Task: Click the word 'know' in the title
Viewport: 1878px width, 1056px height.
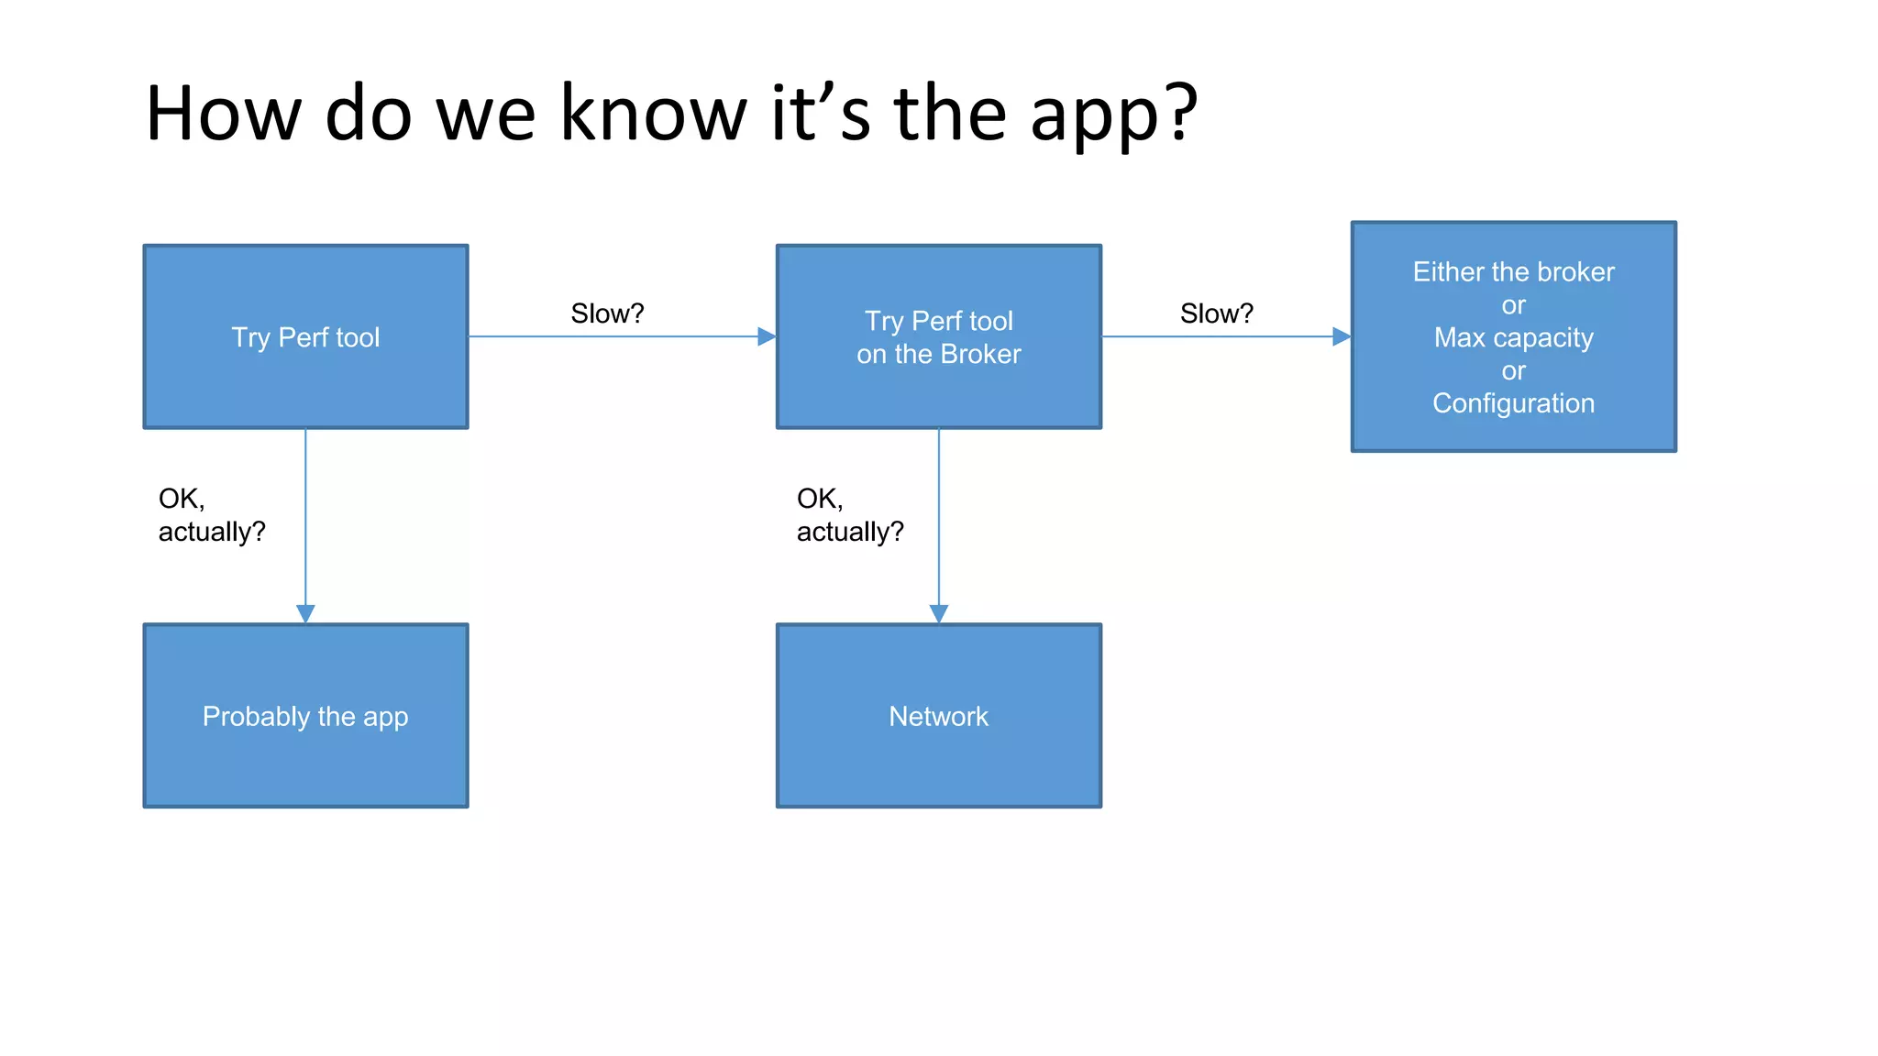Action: tap(653, 114)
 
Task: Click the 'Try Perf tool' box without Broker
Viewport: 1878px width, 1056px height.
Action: tap(305, 336)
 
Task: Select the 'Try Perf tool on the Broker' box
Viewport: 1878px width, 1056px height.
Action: tap(938, 336)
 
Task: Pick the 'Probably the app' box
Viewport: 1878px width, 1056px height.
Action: tap(305, 716)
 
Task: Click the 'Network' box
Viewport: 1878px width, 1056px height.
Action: tap(938, 716)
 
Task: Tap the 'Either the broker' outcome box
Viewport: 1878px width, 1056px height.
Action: tap(1513, 336)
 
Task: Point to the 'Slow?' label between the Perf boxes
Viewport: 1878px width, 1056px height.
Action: tap(607, 313)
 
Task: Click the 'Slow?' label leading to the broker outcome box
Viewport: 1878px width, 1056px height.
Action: tap(1216, 313)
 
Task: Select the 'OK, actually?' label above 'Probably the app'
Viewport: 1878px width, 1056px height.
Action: tap(211, 515)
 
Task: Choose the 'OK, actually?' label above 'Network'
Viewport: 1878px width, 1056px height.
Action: tap(849, 515)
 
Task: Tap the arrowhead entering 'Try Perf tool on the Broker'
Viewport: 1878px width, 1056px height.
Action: tap(767, 336)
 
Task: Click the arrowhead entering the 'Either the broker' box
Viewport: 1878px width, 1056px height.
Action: tap(1341, 336)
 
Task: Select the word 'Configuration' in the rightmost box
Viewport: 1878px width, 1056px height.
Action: tap(1513, 403)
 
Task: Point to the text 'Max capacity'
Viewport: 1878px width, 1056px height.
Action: tap(1513, 337)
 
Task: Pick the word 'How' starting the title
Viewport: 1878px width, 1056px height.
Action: tap(223, 114)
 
